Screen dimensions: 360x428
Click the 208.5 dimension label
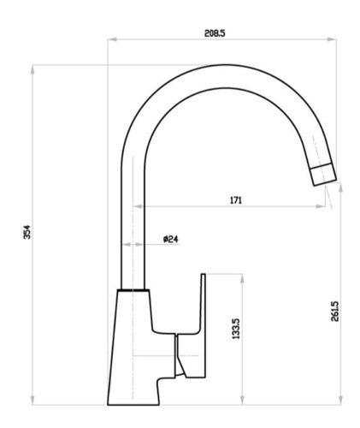215,33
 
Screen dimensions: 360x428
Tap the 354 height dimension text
27,232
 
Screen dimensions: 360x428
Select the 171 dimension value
236,200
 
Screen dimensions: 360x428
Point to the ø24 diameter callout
171,239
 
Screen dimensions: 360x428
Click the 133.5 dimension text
236,329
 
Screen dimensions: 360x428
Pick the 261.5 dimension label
335,312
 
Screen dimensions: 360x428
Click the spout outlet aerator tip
323,174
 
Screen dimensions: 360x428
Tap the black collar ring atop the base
133,290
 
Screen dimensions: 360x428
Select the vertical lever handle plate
204,325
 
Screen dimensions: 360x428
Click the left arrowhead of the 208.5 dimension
112,39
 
